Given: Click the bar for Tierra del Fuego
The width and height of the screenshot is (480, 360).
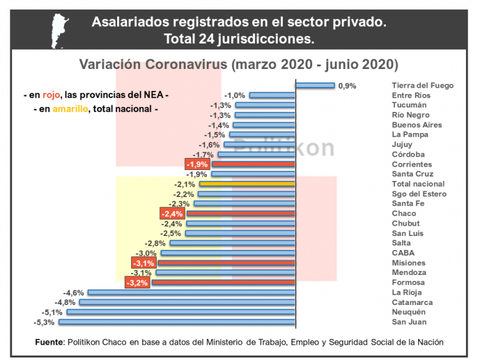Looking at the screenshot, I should click(315, 85).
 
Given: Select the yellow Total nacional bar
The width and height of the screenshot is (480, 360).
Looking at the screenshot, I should click(247, 184).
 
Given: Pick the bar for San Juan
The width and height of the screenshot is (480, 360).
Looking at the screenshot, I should click(177, 322).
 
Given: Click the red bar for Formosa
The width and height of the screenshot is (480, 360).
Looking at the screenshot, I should click(223, 282).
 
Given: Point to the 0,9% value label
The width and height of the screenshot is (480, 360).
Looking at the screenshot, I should click(347, 85).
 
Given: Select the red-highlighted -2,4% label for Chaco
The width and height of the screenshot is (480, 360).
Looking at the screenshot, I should click(172, 214).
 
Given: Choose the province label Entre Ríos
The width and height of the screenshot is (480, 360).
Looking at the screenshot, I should click(411, 95).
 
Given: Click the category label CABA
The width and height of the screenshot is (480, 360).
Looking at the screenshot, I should click(403, 253).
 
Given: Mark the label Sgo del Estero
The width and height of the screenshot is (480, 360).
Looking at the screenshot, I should click(419, 194).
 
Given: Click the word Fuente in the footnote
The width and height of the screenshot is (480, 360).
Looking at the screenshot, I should click(49, 342).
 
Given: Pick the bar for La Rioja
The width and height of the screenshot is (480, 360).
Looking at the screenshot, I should click(191, 292).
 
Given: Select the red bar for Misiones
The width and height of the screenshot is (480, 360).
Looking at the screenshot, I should click(227, 263).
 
